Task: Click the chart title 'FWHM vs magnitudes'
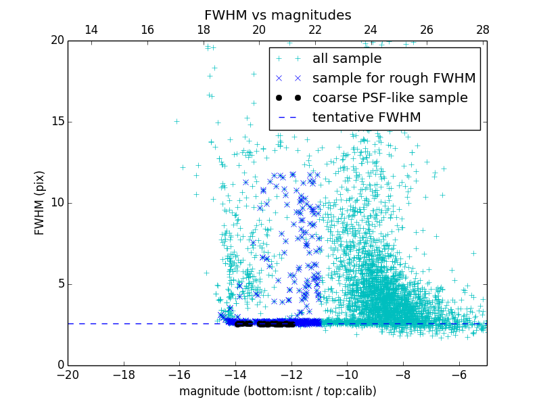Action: point(277,15)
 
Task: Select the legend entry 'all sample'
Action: point(346,59)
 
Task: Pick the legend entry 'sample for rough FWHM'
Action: point(394,78)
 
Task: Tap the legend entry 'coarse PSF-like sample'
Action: point(390,98)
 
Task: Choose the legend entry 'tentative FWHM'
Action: point(366,118)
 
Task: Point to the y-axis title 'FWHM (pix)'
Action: point(40,202)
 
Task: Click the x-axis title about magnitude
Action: point(277,391)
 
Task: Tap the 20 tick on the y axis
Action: point(57,41)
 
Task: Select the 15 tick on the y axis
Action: point(57,122)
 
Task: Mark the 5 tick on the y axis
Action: point(60,284)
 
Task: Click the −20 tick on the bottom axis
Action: point(68,374)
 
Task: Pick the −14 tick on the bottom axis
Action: point(235,374)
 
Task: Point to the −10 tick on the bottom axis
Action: point(347,374)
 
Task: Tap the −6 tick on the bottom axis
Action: point(458,374)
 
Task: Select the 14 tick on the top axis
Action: point(91,30)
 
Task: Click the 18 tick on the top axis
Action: point(203,30)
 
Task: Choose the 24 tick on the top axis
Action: point(371,30)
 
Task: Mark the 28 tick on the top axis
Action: point(482,30)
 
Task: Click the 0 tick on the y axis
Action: point(60,365)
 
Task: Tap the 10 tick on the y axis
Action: point(57,203)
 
